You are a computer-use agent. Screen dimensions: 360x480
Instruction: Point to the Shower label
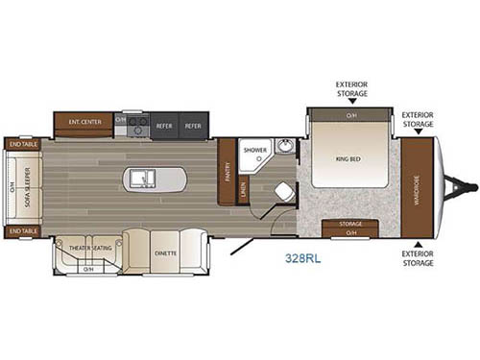(x=254, y=151)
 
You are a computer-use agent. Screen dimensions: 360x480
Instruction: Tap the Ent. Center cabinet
(x=84, y=123)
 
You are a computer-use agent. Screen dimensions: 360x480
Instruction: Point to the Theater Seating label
(x=88, y=248)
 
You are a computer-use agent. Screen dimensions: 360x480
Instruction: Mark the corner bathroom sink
(x=285, y=147)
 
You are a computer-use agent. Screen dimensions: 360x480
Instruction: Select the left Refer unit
(x=163, y=126)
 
